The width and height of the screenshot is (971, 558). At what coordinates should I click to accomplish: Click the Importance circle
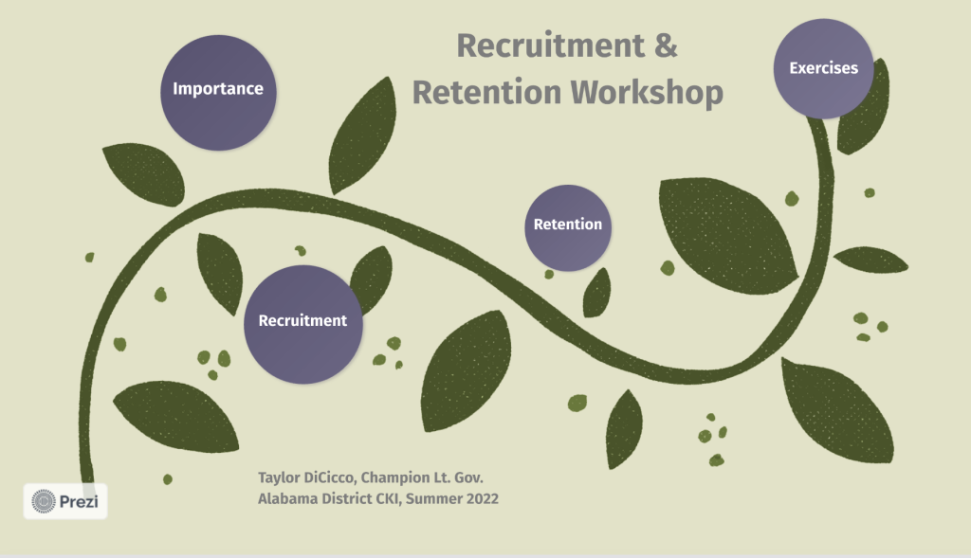pos(218,93)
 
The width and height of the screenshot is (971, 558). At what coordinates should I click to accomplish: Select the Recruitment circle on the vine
pos(302,324)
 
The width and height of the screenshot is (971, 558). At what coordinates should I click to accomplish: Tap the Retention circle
pos(568,227)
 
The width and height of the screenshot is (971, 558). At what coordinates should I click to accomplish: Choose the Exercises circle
pos(824,68)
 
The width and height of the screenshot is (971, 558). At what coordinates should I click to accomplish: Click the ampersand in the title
pos(666,45)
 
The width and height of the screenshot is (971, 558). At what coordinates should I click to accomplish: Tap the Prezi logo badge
pos(65,501)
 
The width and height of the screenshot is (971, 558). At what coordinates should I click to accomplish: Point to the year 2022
pos(483,498)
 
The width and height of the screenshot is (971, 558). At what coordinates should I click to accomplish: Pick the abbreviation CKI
pos(389,499)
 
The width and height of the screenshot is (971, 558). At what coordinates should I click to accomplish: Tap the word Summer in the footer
pos(434,498)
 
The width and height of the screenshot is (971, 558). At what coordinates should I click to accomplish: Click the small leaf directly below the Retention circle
pos(597,293)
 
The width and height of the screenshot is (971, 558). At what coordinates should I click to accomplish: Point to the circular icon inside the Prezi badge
pos(44,501)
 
